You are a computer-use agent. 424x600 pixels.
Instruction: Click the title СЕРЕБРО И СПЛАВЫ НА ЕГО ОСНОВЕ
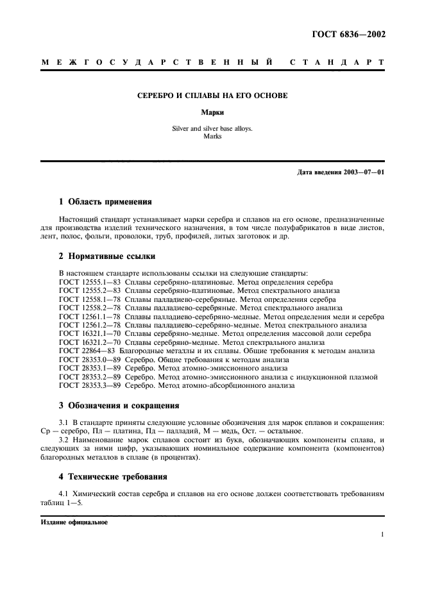click(212, 96)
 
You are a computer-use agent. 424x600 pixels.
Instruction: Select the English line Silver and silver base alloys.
click(212, 128)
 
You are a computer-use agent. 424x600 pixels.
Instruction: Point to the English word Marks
click(212, 136)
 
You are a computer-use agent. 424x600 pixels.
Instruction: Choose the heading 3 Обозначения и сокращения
click(119, 405)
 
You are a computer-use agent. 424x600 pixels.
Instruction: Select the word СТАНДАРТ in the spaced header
click(337, 63)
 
